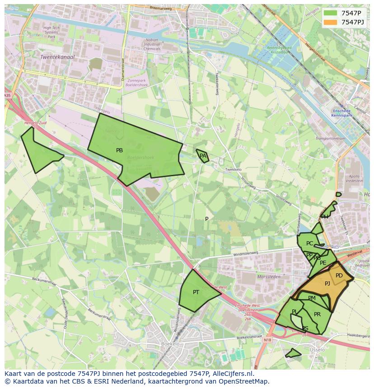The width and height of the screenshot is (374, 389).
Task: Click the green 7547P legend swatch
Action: [x=331, y=13]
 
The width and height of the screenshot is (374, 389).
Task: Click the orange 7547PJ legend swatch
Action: [x=331, y=22]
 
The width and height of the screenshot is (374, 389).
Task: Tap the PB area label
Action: [x=119, y=150]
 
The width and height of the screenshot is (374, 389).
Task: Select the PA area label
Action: [x=203, y=156]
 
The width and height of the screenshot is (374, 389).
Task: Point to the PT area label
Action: [x=196, y=292]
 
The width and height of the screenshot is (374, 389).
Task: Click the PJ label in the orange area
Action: [x=327, y=284]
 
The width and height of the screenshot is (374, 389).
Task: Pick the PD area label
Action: [x=339, y=276]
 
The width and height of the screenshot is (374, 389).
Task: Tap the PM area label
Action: [x=312, y=298]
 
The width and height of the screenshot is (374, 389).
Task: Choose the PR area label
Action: [x=317, y=314]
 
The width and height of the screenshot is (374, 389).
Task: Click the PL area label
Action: [x=295, y=312]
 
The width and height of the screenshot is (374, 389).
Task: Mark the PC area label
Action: [x=309, y=244]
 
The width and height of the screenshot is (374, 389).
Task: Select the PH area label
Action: [x=325, y=217]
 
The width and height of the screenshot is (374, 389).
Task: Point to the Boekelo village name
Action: [x=170, y=344]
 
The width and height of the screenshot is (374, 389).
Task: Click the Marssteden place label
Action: [x=269, y=277]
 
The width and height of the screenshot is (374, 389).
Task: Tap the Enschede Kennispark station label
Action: [x=345, y=113]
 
